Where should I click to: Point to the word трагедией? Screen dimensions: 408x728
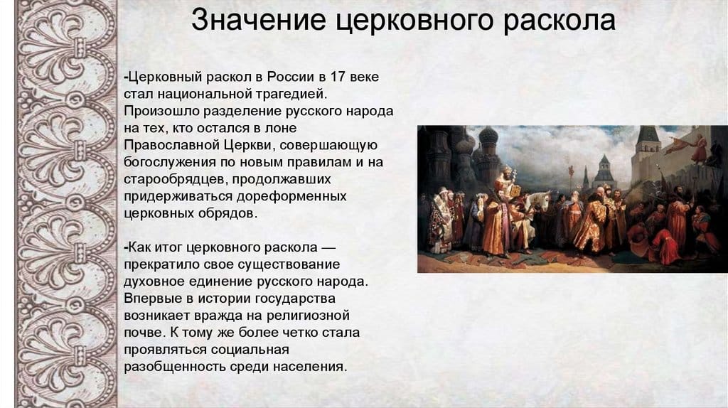pyautogui.click(x=293, y=94)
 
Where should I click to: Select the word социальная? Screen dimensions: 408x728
pyautogui.click(x=249, y=350)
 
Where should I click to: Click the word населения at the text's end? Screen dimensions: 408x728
pyautogui.click(x=310, y=367)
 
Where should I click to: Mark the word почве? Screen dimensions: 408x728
pyautogui.click(x=141, y=333)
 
